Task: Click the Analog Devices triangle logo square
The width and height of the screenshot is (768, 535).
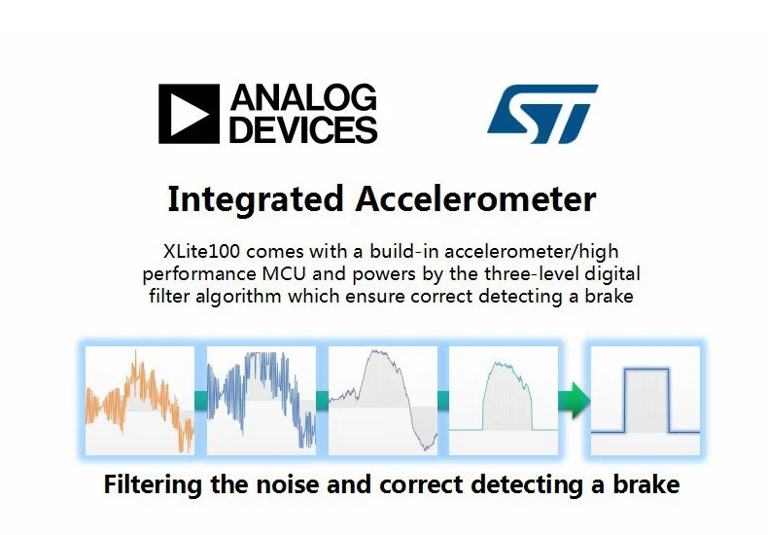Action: pyautogui.click(x=189, y=114)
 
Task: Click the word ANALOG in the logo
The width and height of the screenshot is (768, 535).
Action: pyautogui.click(x=303, y=97)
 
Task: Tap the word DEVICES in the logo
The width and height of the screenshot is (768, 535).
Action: pyautogui.click(x=303, y=129)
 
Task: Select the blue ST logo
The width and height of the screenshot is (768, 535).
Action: pyautogui.click(x=542, y=114)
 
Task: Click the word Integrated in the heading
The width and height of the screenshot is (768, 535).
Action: pyautogui.click(x=255, y=199)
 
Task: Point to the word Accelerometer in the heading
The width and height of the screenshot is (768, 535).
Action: pyautogui.click(x=475, y=198)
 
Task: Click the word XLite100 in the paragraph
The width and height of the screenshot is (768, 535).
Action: pyautogui.click(x=201, y=251)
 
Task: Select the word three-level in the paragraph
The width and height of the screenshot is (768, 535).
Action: pyautogui.click(x=532, y=273)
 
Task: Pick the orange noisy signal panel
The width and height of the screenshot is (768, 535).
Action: pyautogui.click(x=140, y=400)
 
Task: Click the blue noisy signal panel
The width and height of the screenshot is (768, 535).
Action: pyautogui.click(x=262, y=400)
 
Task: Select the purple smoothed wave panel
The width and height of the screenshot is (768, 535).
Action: pyautogui.click(x=382, y=400)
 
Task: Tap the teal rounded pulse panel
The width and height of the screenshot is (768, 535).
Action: pyautogui.click(x=504, y=400)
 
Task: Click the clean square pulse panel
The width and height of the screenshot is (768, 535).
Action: pyautogui.click(x=646, y=400)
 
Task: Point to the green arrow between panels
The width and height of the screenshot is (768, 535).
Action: pyautogui.click(x=574, y=400)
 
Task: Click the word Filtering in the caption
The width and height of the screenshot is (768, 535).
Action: pyautogui.click(x=153, y=484)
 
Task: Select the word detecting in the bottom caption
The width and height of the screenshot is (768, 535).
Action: pyautogui.click(x=527, y=485)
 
